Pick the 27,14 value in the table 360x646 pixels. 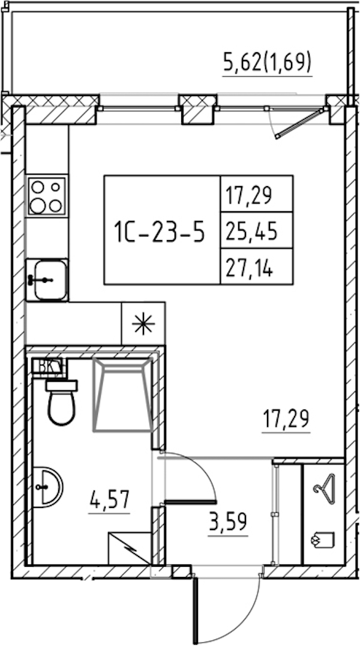pos(249,268)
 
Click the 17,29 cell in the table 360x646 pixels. pos(249,195)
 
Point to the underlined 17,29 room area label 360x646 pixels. pos(286,420)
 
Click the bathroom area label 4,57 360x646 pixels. pos(110,500)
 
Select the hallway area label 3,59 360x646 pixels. pos(228,522)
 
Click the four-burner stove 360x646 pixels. pos(47,196)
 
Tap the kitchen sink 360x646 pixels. pos(47,280)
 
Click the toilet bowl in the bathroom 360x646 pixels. pos(61,402)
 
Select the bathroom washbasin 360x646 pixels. pos(47,487)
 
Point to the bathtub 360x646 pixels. pos(123,395)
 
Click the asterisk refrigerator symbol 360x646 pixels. pos(143,324)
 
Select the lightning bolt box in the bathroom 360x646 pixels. pos(130,548)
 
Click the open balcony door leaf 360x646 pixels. pos(299,123)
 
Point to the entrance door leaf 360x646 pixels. pos(195,611)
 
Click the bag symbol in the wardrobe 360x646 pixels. pos(324,540)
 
